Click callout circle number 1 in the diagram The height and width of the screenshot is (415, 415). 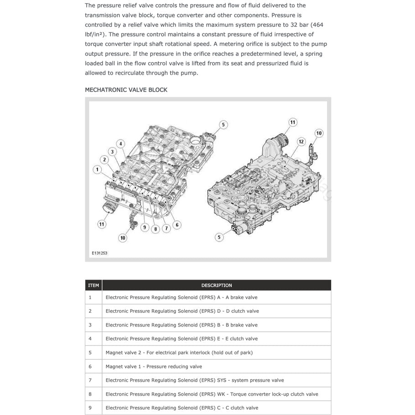(x=97, y=170)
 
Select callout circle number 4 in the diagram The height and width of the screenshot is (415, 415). (x=121, y=144)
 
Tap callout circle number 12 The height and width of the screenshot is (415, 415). (x=301, y=142)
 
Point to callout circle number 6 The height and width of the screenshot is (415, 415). (x=177, y=224)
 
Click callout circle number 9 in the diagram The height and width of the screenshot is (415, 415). (x=145, y=227)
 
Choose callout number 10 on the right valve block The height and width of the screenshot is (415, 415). (x=319, y=133)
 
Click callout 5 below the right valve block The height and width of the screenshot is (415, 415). (x=219, y=237)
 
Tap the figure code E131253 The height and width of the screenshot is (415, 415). (x=99, y=253)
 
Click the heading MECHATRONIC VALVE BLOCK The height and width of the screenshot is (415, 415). (x=126, y=90)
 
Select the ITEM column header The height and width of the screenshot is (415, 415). (x=93, y=285)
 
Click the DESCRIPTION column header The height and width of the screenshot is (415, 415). (x=217, y=285)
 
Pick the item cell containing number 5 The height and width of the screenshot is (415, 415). (x=90, y=353)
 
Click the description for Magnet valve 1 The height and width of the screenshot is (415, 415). (x=154, y=366)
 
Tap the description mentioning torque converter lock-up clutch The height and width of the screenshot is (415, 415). (x=212, y=394)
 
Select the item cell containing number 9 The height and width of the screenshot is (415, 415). (x=90, y=408)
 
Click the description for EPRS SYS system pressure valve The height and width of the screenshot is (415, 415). (x=195, y=380)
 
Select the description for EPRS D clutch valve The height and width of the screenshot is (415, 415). (x=182, y=311)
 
